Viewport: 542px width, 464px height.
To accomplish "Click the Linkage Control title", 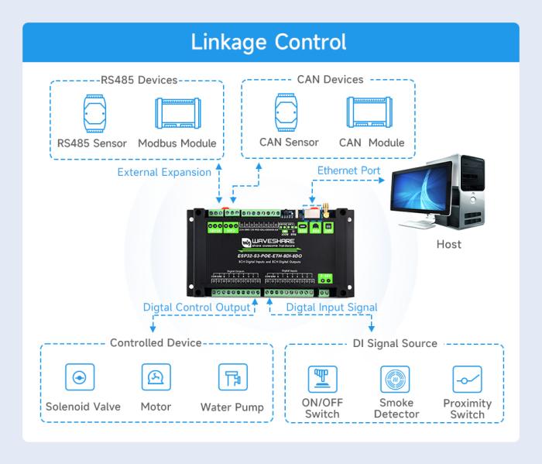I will tap(270, 42).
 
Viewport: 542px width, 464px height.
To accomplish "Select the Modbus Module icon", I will tap(177, 115).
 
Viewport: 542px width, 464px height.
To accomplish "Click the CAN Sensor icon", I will tap(289, 113).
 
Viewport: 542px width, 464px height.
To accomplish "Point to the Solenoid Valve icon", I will tap(78, 377).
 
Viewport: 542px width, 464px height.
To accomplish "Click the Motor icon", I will tap(156, 377).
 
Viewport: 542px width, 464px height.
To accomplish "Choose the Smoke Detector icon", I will tap(396, 378).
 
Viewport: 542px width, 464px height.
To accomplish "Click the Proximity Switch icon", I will tap(467, 378).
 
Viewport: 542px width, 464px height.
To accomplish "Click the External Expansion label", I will tap(164, 172).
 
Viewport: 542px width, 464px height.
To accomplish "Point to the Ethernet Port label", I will tap(348, 170).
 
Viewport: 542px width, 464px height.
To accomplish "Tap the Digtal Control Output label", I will tap(197, 308).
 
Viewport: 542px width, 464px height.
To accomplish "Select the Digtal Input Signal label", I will tap(331, 308).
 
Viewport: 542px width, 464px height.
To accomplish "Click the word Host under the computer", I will tap(448, 244).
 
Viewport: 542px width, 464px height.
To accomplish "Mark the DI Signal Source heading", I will tap(393, 343).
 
